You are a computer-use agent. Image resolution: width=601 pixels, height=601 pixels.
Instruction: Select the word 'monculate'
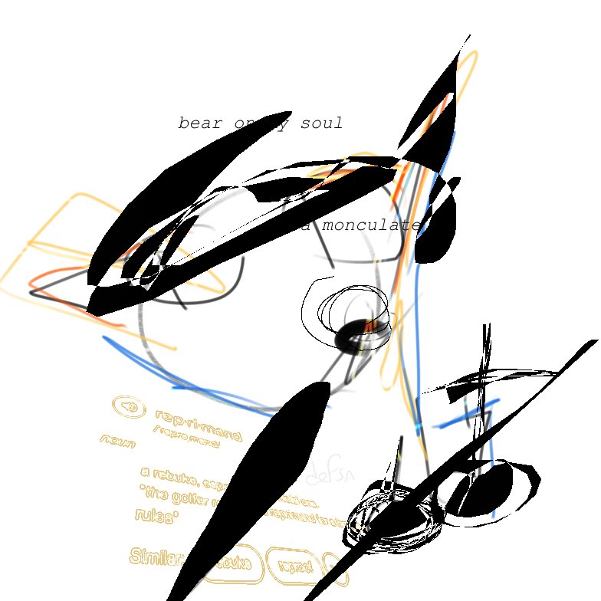(x=372, y=226)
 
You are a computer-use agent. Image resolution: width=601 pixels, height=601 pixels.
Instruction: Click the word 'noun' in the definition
(x=117, y=442)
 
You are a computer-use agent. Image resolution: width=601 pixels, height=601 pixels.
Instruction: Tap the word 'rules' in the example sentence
(x=156, y=516)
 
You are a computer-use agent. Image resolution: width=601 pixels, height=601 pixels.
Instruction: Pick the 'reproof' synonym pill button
(x=295, y=567)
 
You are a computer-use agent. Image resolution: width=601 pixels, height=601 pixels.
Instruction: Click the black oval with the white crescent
(x=491, y=487)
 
